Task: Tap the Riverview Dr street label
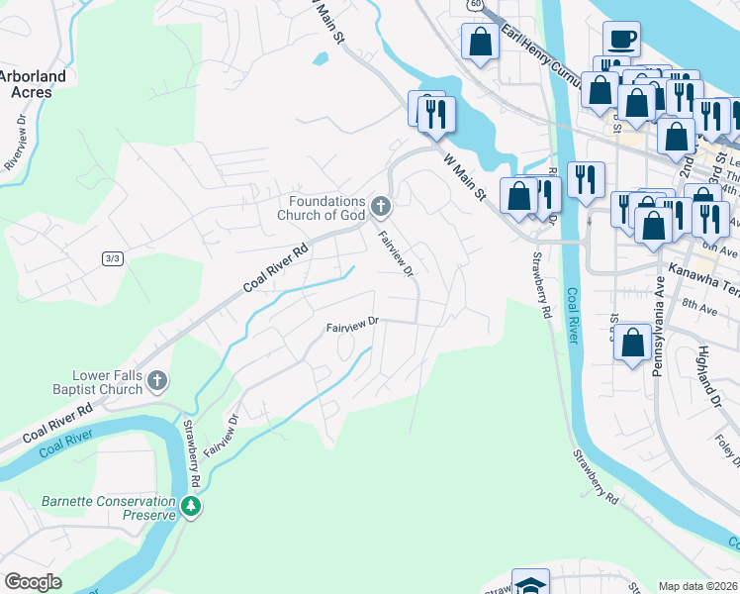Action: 18,135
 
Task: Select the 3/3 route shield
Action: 112,258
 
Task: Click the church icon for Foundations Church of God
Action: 382,207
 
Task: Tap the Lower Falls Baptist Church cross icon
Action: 157,381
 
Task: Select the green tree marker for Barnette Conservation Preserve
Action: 191,508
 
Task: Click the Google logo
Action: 34,582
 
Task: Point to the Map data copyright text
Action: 697,586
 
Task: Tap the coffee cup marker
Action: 620,39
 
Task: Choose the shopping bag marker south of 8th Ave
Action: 632,344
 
